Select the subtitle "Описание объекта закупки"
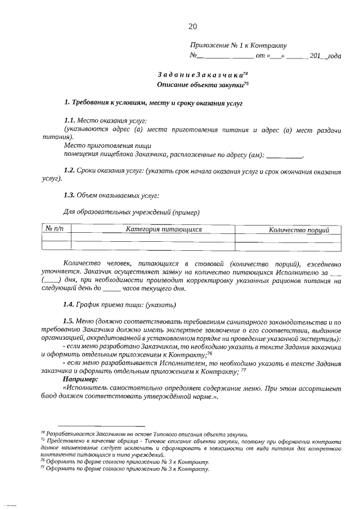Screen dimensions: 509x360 [201, 84]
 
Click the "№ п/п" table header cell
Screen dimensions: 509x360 [55, 229]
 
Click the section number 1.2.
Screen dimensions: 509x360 [70, 170]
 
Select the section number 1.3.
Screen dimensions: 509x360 [70, 195]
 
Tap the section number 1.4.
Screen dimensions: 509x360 [70, 305]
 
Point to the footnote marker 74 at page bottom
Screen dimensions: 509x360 [43, 433]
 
